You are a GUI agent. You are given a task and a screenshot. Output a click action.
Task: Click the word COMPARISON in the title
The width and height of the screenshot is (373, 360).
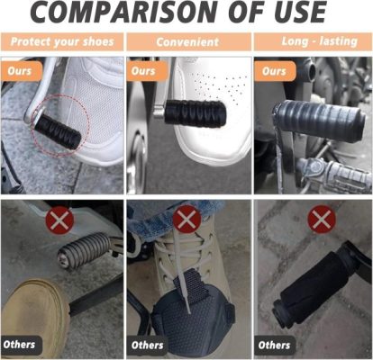126,12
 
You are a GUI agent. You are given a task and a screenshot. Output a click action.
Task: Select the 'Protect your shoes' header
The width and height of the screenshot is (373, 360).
62,41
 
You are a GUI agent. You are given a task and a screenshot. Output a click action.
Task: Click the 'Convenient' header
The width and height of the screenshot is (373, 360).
187,42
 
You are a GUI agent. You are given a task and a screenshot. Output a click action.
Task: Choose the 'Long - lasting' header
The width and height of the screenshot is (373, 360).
320,41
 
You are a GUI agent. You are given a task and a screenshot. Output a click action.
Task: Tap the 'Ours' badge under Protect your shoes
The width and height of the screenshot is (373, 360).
21,71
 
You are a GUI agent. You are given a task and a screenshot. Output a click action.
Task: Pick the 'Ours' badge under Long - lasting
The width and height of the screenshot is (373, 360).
275,71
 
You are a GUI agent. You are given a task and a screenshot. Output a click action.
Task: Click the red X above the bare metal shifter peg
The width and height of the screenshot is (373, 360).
59,220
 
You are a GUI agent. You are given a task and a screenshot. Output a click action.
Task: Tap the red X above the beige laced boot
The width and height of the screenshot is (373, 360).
186,220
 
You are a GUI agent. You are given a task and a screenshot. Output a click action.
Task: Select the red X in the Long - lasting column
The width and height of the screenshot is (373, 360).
322,220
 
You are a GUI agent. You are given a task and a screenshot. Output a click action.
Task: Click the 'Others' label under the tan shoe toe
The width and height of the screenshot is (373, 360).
21,345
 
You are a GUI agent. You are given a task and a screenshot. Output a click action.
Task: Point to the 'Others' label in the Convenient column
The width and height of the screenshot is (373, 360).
147,346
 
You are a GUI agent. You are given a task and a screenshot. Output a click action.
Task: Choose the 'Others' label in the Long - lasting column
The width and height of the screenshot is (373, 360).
275,346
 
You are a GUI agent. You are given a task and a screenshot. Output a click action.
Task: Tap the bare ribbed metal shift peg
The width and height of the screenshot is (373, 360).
85,249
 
